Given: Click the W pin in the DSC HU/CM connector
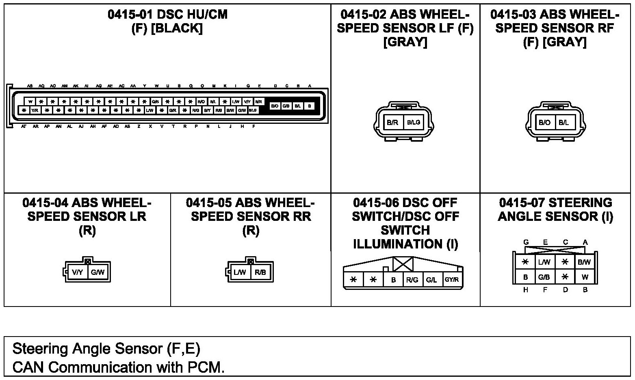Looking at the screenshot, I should point(30,101).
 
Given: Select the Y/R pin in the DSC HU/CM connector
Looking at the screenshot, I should point(35,110).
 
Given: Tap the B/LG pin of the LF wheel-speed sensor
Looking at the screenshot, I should point(414,122).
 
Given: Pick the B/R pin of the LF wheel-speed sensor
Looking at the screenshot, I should point(392,122).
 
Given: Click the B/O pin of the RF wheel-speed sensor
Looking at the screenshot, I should point(544,122).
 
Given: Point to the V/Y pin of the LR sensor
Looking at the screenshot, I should point(78,272).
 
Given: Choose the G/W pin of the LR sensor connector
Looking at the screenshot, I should point(98,272).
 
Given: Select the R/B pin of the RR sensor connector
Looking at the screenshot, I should point(260,272).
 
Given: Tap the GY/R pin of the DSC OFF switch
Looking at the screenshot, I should point(451,280).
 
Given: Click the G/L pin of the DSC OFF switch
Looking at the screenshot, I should point(431,280).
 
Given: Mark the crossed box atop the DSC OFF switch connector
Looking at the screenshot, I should point(403,264).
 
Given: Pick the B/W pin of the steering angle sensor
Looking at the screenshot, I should point(584,262).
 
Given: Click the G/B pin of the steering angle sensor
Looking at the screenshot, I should point(544,277).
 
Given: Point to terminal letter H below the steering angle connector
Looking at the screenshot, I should point(526,290).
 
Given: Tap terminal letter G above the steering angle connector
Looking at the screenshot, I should point(526,242).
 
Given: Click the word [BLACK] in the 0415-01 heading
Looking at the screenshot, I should point(176,29).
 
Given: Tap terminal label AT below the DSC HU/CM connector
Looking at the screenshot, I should point(24,127).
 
